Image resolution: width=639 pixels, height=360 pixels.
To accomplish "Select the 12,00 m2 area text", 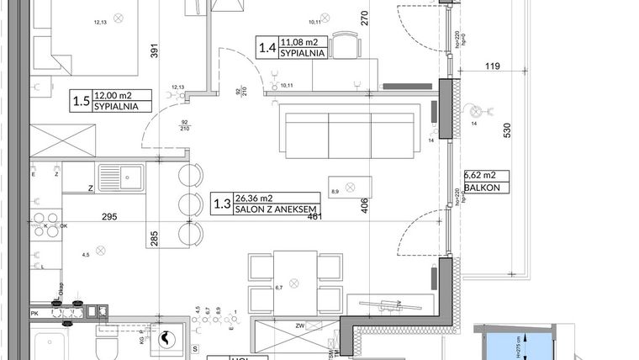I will [112, 95].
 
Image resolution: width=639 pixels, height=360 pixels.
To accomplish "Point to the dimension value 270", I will [365, 18].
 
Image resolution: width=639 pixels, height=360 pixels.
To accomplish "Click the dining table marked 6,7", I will [294, 283].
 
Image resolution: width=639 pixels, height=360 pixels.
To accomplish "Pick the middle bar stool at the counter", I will [190, 204].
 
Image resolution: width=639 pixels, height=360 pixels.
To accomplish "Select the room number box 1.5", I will [81, 101].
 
